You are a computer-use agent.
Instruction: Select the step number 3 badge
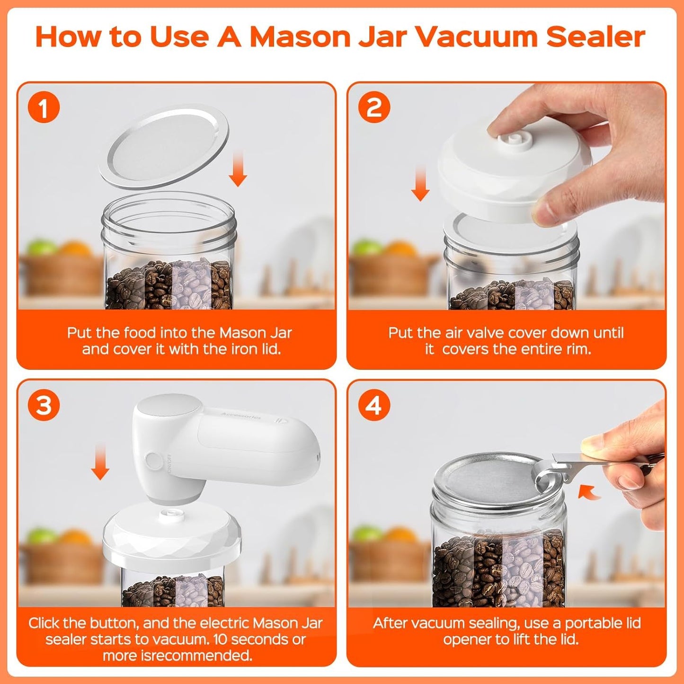43,405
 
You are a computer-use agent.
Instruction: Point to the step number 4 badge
374,405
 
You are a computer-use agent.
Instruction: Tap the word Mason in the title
300,37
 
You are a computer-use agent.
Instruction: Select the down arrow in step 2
421,184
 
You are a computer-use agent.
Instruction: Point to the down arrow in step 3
100,462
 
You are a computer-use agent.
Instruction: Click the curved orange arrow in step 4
589,493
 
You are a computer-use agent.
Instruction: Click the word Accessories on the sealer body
241,416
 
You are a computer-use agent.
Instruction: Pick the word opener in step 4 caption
467,640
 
